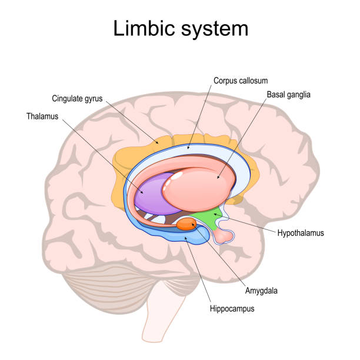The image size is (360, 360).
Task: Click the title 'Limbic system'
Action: [x=180, y=28]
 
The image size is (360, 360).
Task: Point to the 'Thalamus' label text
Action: [x=42, y=117]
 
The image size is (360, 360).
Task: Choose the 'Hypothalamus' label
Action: [x=300, y=233]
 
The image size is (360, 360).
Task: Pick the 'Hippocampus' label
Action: [x=230, y=308]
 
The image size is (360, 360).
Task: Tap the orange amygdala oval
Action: [x=187, y=224]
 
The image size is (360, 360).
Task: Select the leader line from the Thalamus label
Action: [x=100, y=153]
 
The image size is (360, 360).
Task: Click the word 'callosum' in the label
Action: [x=250, y=81]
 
